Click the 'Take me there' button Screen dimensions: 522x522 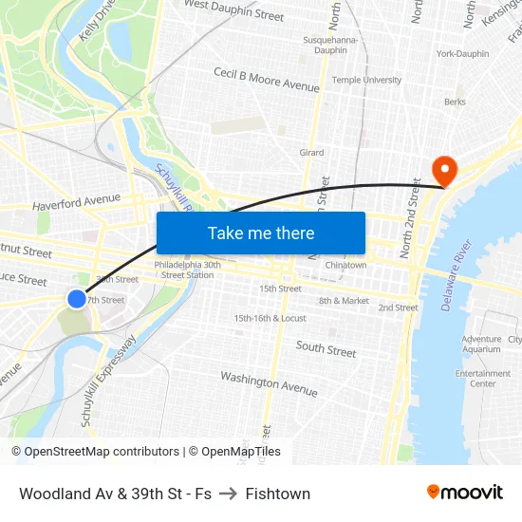pyautogui.click(x=261, y=233)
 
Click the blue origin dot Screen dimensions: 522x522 pyautogui.click(x=77, y=299)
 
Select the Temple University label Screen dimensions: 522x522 pyautogui.click(x=366, y=81)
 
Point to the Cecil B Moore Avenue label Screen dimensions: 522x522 pyautogui.click(x=266, y=79)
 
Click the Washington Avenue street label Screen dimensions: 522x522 pyautogui.click(x=269, y=382)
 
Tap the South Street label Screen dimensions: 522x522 pyautogui.click(x=326, y=349)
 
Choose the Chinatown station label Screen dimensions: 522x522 pyautogui.click(x=345, y=265)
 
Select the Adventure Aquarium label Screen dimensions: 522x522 pyautogui.click(x=481, y=344)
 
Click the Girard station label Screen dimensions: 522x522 pyautogui.click(x=311, y=153)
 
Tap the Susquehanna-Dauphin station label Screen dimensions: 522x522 pyautogui.click(x=329, y=46)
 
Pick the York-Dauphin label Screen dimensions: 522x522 pyautogui.click(x=462, y=54)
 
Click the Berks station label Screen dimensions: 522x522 pyautogui.click(x=455, y=102)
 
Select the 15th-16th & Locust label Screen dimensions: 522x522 pyautogui.click(x=270, y=318)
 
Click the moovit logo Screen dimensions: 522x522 pyautogui.click(x=464, y=492)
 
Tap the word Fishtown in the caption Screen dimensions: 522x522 pyautogui.click(x=277, y=494)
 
